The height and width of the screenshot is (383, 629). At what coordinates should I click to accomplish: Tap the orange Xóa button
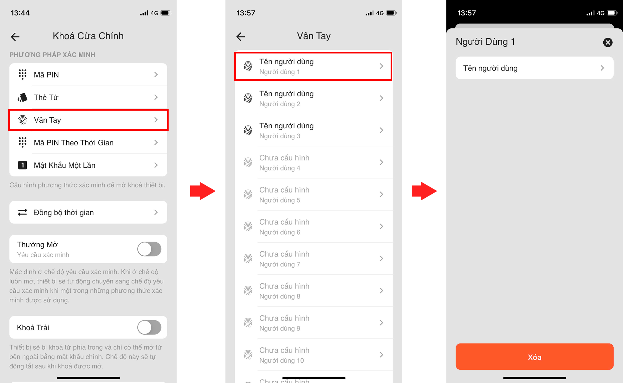[x=534, y=357]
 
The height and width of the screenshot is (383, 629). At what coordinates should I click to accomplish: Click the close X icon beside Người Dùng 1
[x=608, y=42]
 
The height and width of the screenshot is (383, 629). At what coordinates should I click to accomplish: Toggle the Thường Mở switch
[x=149, y=249]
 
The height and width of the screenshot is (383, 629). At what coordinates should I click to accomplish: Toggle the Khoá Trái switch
[x=149, y=328]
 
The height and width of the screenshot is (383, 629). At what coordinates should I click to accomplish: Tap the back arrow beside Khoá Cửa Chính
[x=15, y=36]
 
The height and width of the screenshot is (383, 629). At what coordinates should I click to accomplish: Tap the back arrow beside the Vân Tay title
[x=241, y=36]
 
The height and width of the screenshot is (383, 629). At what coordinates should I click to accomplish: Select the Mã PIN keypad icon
[x=22, y=75]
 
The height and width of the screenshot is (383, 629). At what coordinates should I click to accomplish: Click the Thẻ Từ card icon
[x=22, y=97]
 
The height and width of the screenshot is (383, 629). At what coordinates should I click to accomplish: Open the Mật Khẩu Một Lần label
[x=65, y=165]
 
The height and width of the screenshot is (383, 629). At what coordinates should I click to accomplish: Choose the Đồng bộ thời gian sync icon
[x=22, y=212]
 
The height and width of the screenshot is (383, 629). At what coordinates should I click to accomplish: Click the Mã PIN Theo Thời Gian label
[x=74, y=143]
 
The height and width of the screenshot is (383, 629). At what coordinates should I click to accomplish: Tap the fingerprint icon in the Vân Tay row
[x=22, y=120]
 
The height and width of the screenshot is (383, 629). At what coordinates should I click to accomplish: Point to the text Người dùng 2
[x=280, y=104]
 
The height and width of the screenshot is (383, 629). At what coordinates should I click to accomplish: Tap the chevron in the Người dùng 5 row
[x=381, y=194]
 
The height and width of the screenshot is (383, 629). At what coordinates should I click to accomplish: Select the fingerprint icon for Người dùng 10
[x=248, y=355]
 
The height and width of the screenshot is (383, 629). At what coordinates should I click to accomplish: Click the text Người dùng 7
[x=280, y=264]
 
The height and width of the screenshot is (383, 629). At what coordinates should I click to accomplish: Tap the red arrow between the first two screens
[x=203, y=191]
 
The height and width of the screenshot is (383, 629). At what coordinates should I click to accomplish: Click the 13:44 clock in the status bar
[x=20, y=13]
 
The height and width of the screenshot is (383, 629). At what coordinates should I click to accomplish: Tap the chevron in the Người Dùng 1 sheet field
[x=602, y=68]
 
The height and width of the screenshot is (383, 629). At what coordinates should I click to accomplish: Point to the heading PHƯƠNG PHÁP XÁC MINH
[x=52, y=55]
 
